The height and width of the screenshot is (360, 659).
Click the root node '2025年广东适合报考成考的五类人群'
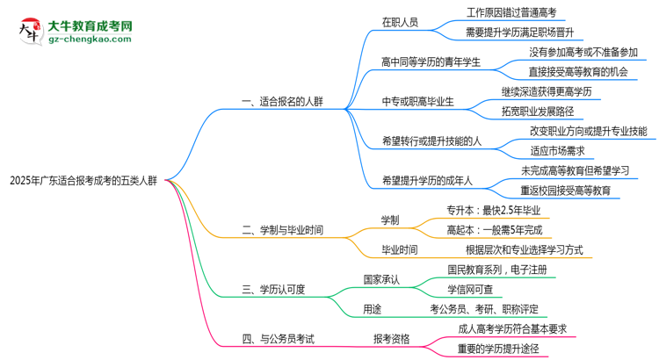(83, 182)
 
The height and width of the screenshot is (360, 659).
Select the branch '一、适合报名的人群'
(282, 102)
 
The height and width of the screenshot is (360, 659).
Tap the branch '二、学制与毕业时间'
(282, 230)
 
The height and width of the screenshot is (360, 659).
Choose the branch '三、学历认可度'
(272, 289)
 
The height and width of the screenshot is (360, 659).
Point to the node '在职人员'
(401, 22)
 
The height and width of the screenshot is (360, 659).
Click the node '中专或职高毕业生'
(417, 102)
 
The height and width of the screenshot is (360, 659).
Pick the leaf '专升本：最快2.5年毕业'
(494, 210)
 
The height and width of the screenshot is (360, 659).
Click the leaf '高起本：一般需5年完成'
(494, 230)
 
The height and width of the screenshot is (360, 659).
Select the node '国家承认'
(381, 279)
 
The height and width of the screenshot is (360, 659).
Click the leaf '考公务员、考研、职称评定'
(484, 308)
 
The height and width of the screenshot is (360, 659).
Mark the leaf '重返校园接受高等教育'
(565, 191)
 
